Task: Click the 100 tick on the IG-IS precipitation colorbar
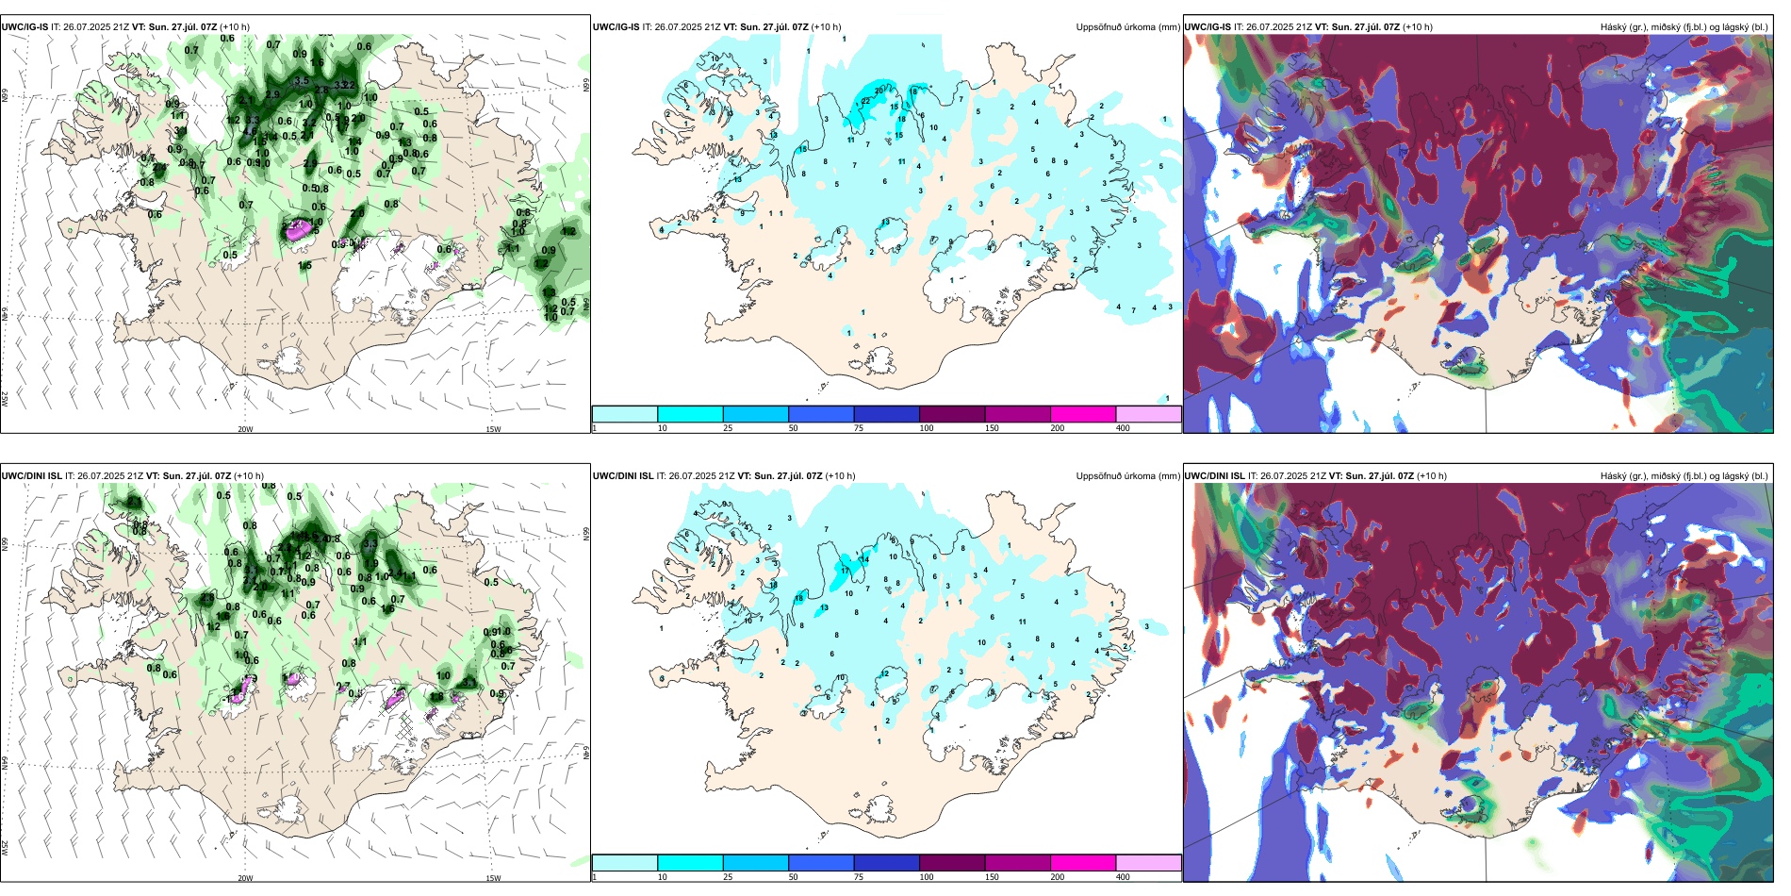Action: (x=927, y=428)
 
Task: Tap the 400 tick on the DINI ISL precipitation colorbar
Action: (x=1123, y=877)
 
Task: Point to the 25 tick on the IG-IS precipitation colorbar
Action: (x=728, y=428)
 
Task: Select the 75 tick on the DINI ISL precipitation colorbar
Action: (x=859, y=877)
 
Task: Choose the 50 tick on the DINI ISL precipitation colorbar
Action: (x=793, y=877)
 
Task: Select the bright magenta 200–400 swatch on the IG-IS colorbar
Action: (x=1083, y=414)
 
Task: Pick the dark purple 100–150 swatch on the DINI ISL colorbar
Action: (x=952, y=863)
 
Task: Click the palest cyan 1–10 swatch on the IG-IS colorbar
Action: (x=624, y=414)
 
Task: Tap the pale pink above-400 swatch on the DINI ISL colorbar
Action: (x=1148, y=863)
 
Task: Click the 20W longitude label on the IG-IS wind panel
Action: (x=245, y=429)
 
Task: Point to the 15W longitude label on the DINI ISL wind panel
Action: (x=493, y=878)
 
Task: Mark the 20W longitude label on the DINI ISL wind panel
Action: (x=245, y=878)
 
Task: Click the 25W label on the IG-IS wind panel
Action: (x=5, y=399)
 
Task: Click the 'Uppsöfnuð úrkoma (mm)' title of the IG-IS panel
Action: (x=1127, y=27)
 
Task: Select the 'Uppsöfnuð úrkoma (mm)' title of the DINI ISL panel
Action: (x=1127, y=476)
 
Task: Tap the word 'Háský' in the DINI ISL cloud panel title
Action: (x=1615, y=476)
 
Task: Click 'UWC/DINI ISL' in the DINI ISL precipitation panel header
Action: (x=623, y=476)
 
